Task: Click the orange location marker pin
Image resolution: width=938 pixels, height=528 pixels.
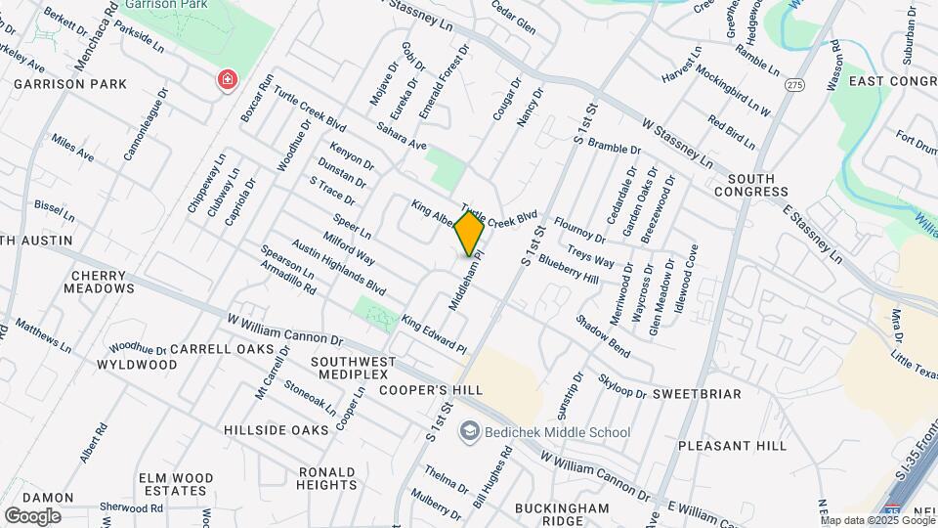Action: (x=469, y=233)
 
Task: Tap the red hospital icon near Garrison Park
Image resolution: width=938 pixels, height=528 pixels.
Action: (x=228, y=79)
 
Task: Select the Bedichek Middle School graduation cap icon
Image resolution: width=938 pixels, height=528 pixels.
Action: (x=470, y=431)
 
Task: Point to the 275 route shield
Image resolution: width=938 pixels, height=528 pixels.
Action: (x=793, y=85)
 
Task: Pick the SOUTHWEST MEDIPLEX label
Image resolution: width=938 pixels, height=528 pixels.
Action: (x=353, y=369)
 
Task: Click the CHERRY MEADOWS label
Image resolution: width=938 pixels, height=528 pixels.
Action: (x=100, y=282)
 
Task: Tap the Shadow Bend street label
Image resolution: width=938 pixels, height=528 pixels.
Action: (x=602, y=334)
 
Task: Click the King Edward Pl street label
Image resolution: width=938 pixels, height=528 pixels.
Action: (x=435, y=333)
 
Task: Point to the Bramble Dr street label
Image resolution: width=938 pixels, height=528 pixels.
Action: (x=614, y=147)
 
